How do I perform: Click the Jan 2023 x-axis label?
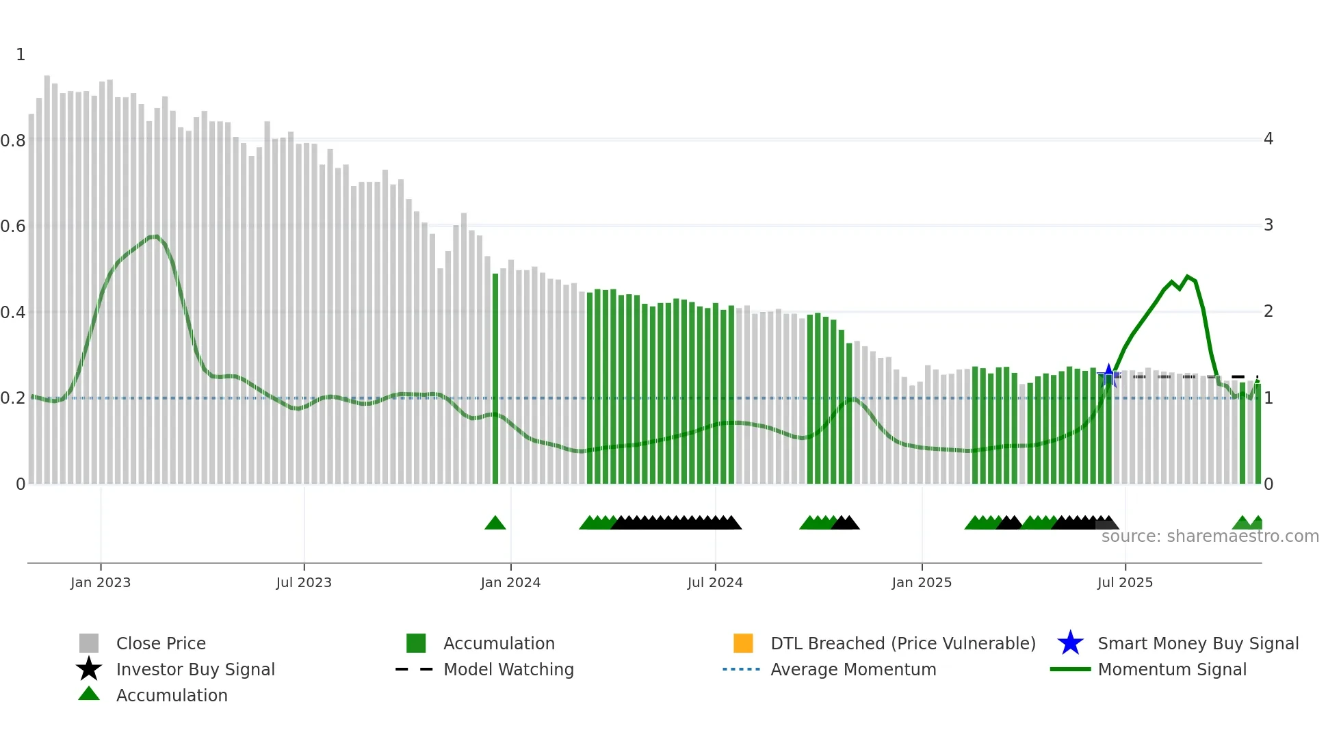click(100, 582)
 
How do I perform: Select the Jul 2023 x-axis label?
click(304, 582)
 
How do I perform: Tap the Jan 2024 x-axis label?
click(510, 582)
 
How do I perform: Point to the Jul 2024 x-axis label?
click(715, 582)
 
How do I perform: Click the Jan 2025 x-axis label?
click(922, 582)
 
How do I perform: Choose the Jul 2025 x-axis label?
click(1125, 582)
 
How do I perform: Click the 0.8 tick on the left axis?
click(13, 141)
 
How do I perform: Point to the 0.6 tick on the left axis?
click(13, 226)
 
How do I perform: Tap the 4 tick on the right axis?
click(1268, 139)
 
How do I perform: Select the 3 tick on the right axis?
click(1268, 225)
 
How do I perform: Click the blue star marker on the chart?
click(1108, 375)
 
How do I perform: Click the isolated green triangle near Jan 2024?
click(495, 523)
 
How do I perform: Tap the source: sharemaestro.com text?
click(1210, 536)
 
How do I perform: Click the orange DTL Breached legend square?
click(742, 643)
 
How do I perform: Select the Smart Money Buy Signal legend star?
click(1070, 643)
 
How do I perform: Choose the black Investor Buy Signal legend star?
click(89, 669)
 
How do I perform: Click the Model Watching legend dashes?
click(414, 669)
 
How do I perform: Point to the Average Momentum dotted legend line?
click(741, 669)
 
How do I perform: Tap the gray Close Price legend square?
click(89, 643)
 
